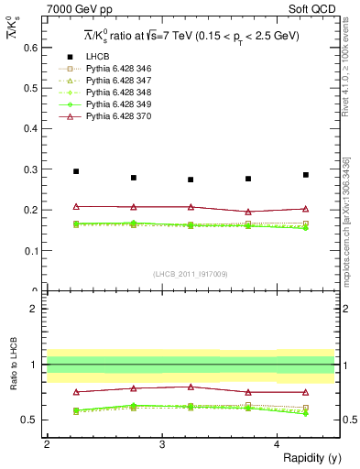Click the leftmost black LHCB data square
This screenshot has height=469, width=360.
(76, 171)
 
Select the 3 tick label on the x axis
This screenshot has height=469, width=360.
(162, 443)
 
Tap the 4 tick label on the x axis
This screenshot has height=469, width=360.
(278, 443)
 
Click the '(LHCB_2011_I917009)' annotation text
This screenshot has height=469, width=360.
(191, 274)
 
